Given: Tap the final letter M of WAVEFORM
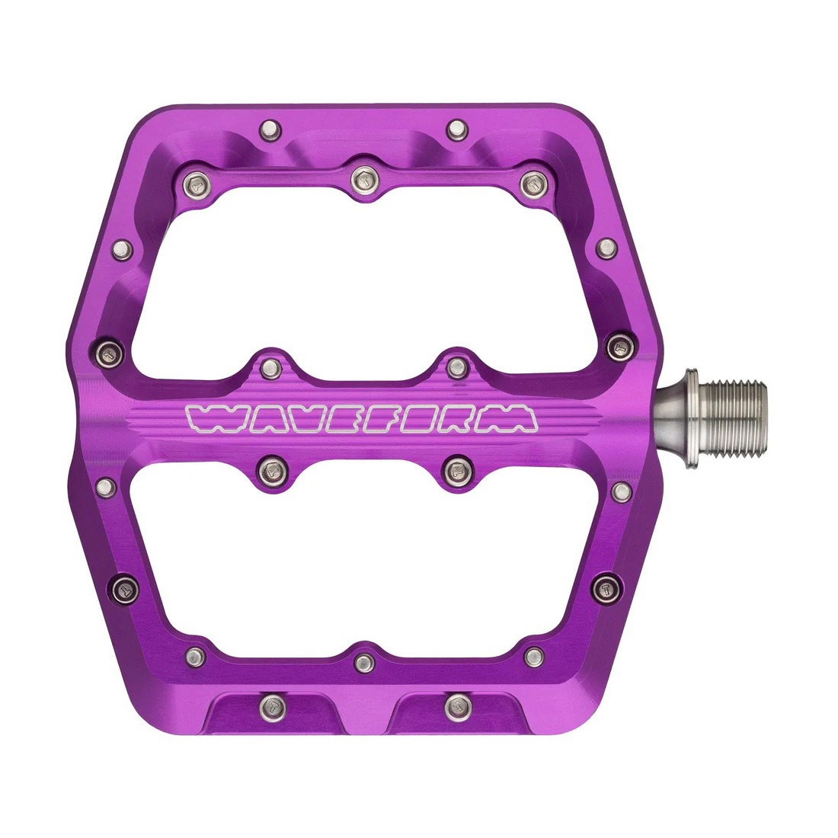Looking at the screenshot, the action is point(512,418).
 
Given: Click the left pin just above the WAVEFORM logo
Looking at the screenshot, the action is point(271,368).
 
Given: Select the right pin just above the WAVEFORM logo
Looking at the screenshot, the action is point(456,367).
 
